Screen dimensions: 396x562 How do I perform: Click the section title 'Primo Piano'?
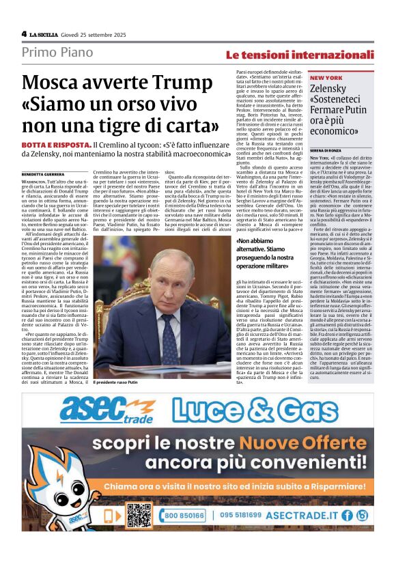[53, 52]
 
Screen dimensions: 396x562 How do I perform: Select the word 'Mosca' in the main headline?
[48, 83]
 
